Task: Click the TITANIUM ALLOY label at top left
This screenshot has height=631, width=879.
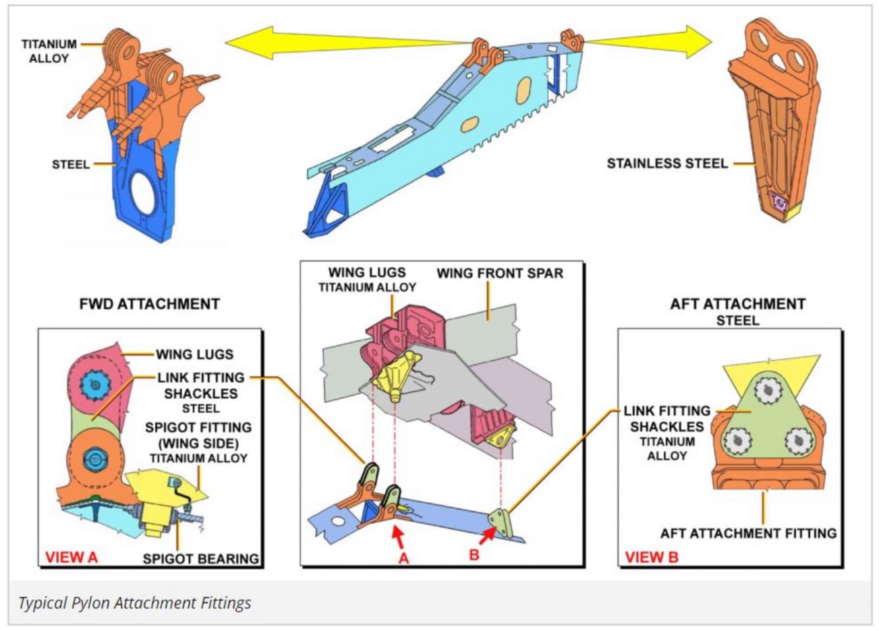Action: click(x=49, y=51)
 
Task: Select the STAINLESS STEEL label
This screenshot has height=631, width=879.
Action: click(x=667, y=163)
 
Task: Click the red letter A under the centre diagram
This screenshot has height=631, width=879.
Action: click(x=403, y=557)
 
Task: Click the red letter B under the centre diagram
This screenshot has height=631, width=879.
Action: click(x=474, y=555)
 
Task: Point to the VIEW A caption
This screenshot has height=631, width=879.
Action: click(x=71, y=557)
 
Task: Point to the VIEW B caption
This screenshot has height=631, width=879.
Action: click(x=651, y=557)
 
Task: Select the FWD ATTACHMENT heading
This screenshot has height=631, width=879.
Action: click(x=149, y=304)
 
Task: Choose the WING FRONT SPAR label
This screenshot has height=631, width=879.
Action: click(x=500, y=273)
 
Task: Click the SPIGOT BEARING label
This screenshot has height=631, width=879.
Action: click(x=200, y=559)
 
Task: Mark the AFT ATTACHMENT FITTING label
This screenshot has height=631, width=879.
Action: click(x=748, y=533)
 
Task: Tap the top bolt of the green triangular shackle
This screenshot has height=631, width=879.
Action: click(x=767, y=393)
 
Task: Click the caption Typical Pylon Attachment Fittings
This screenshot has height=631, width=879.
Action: click(x=134, y=602)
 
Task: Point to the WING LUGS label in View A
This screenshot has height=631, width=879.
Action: click(x=194, y=354)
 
